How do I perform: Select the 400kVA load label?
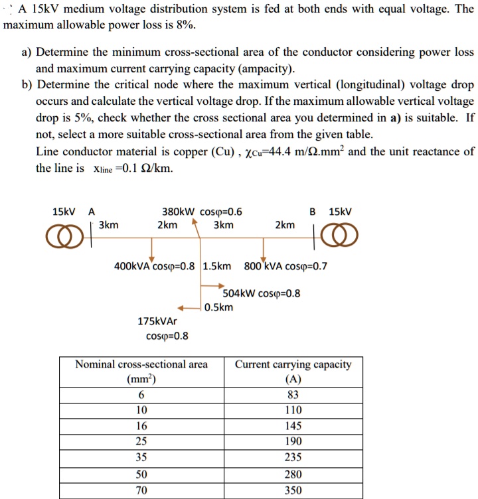(155, 266)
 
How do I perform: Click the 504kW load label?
(261, 293)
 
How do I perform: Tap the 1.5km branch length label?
(217, 266)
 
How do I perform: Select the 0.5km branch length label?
(219, 307)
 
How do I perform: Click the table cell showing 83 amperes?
(293, 393)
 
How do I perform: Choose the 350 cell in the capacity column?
(293, 490)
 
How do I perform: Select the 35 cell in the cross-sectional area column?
(141, 458)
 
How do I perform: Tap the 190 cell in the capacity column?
(293, 442)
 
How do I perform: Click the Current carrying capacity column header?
(293, 372)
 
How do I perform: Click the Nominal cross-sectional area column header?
(141, 372)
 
